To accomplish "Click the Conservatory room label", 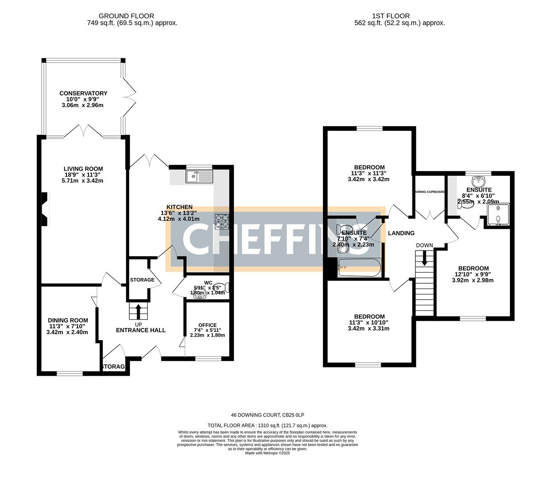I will pyautogui.click(x=83, y=93).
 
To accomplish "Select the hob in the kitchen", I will pyautogui.click(x=222, y=221).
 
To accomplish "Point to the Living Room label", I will pyautogui.click(x=83, y=169).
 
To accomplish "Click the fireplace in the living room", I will pyautogui.click(x=45, y=209).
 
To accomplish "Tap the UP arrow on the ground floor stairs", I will pyautogui.click(x=138, y=311).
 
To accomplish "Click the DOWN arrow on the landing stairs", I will pyautogui.click(x=425, y=258).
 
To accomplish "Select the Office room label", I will pyautogui.click(x=207, y=325).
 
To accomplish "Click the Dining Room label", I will pyautogui.click(x=68, y=320).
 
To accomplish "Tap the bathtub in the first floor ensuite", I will pyautogui.click(x=358, y=268).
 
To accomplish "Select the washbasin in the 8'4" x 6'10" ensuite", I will pyautogui.click(x=479, y=181).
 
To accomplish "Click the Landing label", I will pyautogui.click(x=401, y=233).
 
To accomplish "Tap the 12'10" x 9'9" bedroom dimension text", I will pyautogui.click(x=473, y=274).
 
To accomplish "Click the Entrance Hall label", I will pyautogui.click(x=141, y=330).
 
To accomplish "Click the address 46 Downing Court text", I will pyautogui.click(x=267, y=415).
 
